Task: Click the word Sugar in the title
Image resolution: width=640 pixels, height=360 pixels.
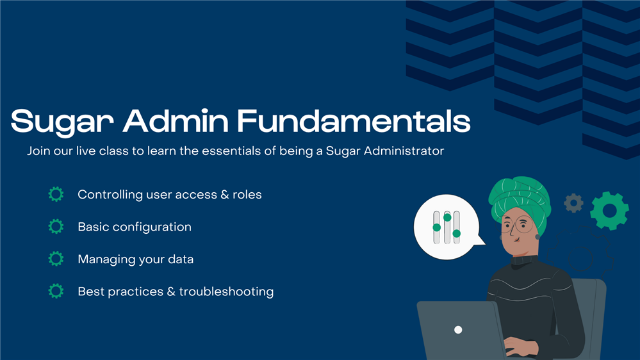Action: click(x=62, y=122)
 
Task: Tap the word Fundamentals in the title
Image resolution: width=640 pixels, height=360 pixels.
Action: click(x=354, y=121)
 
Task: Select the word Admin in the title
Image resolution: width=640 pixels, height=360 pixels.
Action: click(x=176, y=121)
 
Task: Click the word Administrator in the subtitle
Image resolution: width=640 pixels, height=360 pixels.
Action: click(x=404, y=151)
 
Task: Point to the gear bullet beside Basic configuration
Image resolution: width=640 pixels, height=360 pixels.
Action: click(x=56, y=227)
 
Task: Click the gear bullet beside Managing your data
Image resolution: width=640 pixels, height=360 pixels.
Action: click(x=56, y=259)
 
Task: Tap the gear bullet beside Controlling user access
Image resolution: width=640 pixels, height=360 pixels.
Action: click(x=56, y=194)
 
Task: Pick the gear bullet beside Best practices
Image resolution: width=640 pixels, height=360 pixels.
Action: click(x=56, y=291)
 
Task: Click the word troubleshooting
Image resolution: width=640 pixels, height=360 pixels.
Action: click(x=226, y=292)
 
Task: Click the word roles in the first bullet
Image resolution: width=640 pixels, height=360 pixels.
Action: click(x=247, y=195)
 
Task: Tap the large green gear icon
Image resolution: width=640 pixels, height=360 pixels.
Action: click(x=609, y=211)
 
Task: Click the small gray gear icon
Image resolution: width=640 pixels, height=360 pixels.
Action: click(x=574, y=203)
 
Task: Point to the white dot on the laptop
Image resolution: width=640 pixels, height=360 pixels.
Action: click(x=458, y=330)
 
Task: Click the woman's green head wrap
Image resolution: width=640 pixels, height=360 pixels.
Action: click(x=520, y=200)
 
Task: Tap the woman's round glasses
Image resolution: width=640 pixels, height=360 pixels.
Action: click(x=516, y=225)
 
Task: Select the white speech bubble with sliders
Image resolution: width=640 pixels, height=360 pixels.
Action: click(x=448, y=227)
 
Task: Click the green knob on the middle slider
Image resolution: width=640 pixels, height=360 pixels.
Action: click(x=447, y=218)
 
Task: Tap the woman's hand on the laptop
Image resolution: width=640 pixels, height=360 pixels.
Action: click(x=519, y=347)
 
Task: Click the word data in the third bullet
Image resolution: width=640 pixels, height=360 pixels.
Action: click(x=181, y=259)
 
